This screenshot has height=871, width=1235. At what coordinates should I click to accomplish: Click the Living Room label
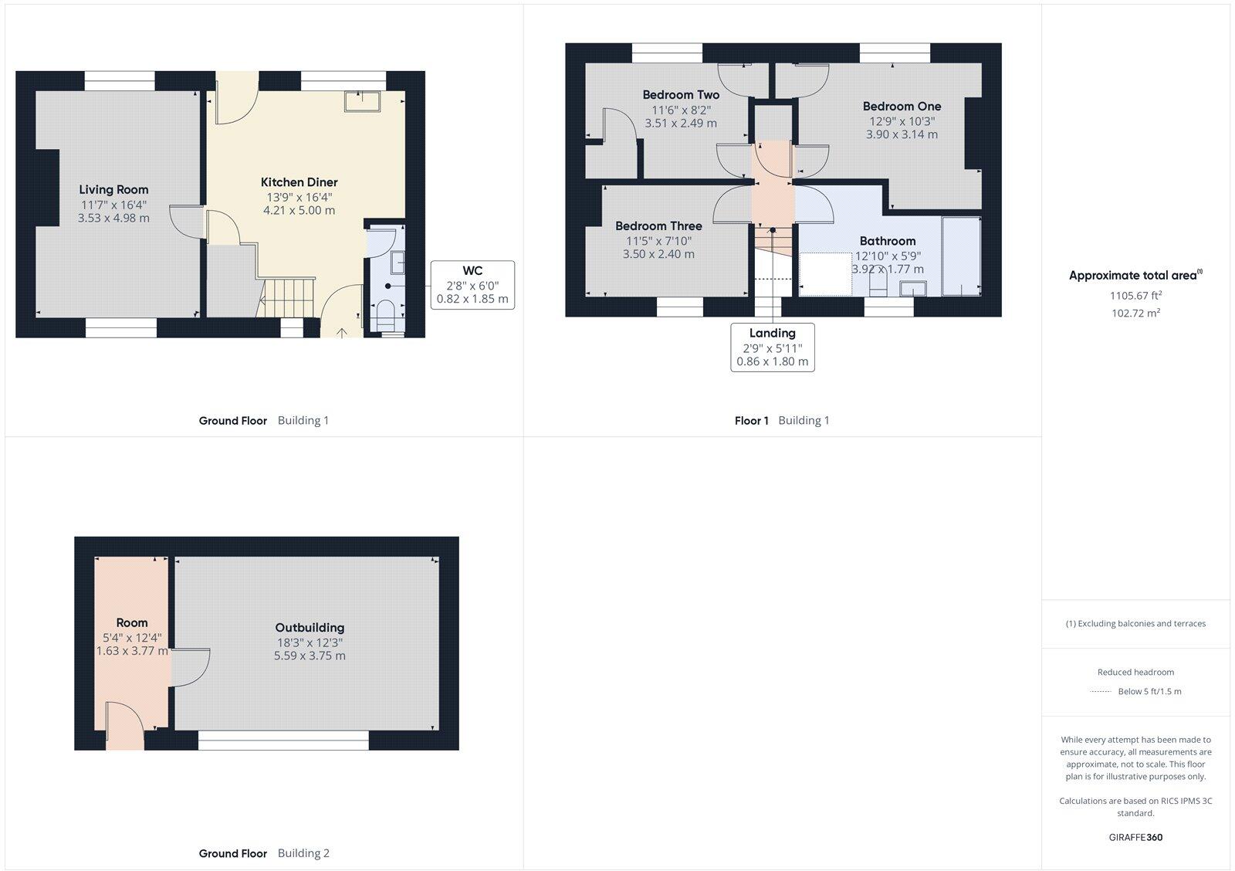pos(113,189)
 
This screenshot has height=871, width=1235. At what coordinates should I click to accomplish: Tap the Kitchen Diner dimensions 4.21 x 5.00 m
pos(299,210)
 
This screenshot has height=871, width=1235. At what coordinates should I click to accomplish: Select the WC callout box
pos(472,285)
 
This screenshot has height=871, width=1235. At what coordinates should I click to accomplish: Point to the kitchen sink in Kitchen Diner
pos(362,101)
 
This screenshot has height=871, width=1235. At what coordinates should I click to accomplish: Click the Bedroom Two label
pos(681,95)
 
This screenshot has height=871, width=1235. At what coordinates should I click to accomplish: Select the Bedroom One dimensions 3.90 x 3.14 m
pos(902,134)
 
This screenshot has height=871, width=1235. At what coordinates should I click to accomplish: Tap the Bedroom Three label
pos(658,226)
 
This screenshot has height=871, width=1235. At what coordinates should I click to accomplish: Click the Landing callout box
pos(772,347)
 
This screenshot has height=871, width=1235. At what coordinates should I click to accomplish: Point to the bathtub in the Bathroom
pos(960,256)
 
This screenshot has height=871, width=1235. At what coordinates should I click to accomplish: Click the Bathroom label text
pos(888,241)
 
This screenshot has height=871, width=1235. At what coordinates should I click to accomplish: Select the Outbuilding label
pos(310,628)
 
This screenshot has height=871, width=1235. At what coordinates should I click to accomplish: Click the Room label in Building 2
pos(132,622)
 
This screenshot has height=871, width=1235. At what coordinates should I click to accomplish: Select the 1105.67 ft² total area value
pos(1135,295)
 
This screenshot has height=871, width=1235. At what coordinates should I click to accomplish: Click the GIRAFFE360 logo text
pos(1135,837)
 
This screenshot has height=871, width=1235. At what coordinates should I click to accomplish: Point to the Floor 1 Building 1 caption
pos(781,421)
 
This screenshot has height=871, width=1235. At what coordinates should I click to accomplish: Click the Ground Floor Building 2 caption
pos(264,853)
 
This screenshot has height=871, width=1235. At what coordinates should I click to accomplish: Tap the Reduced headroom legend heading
pos(1135,672)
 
